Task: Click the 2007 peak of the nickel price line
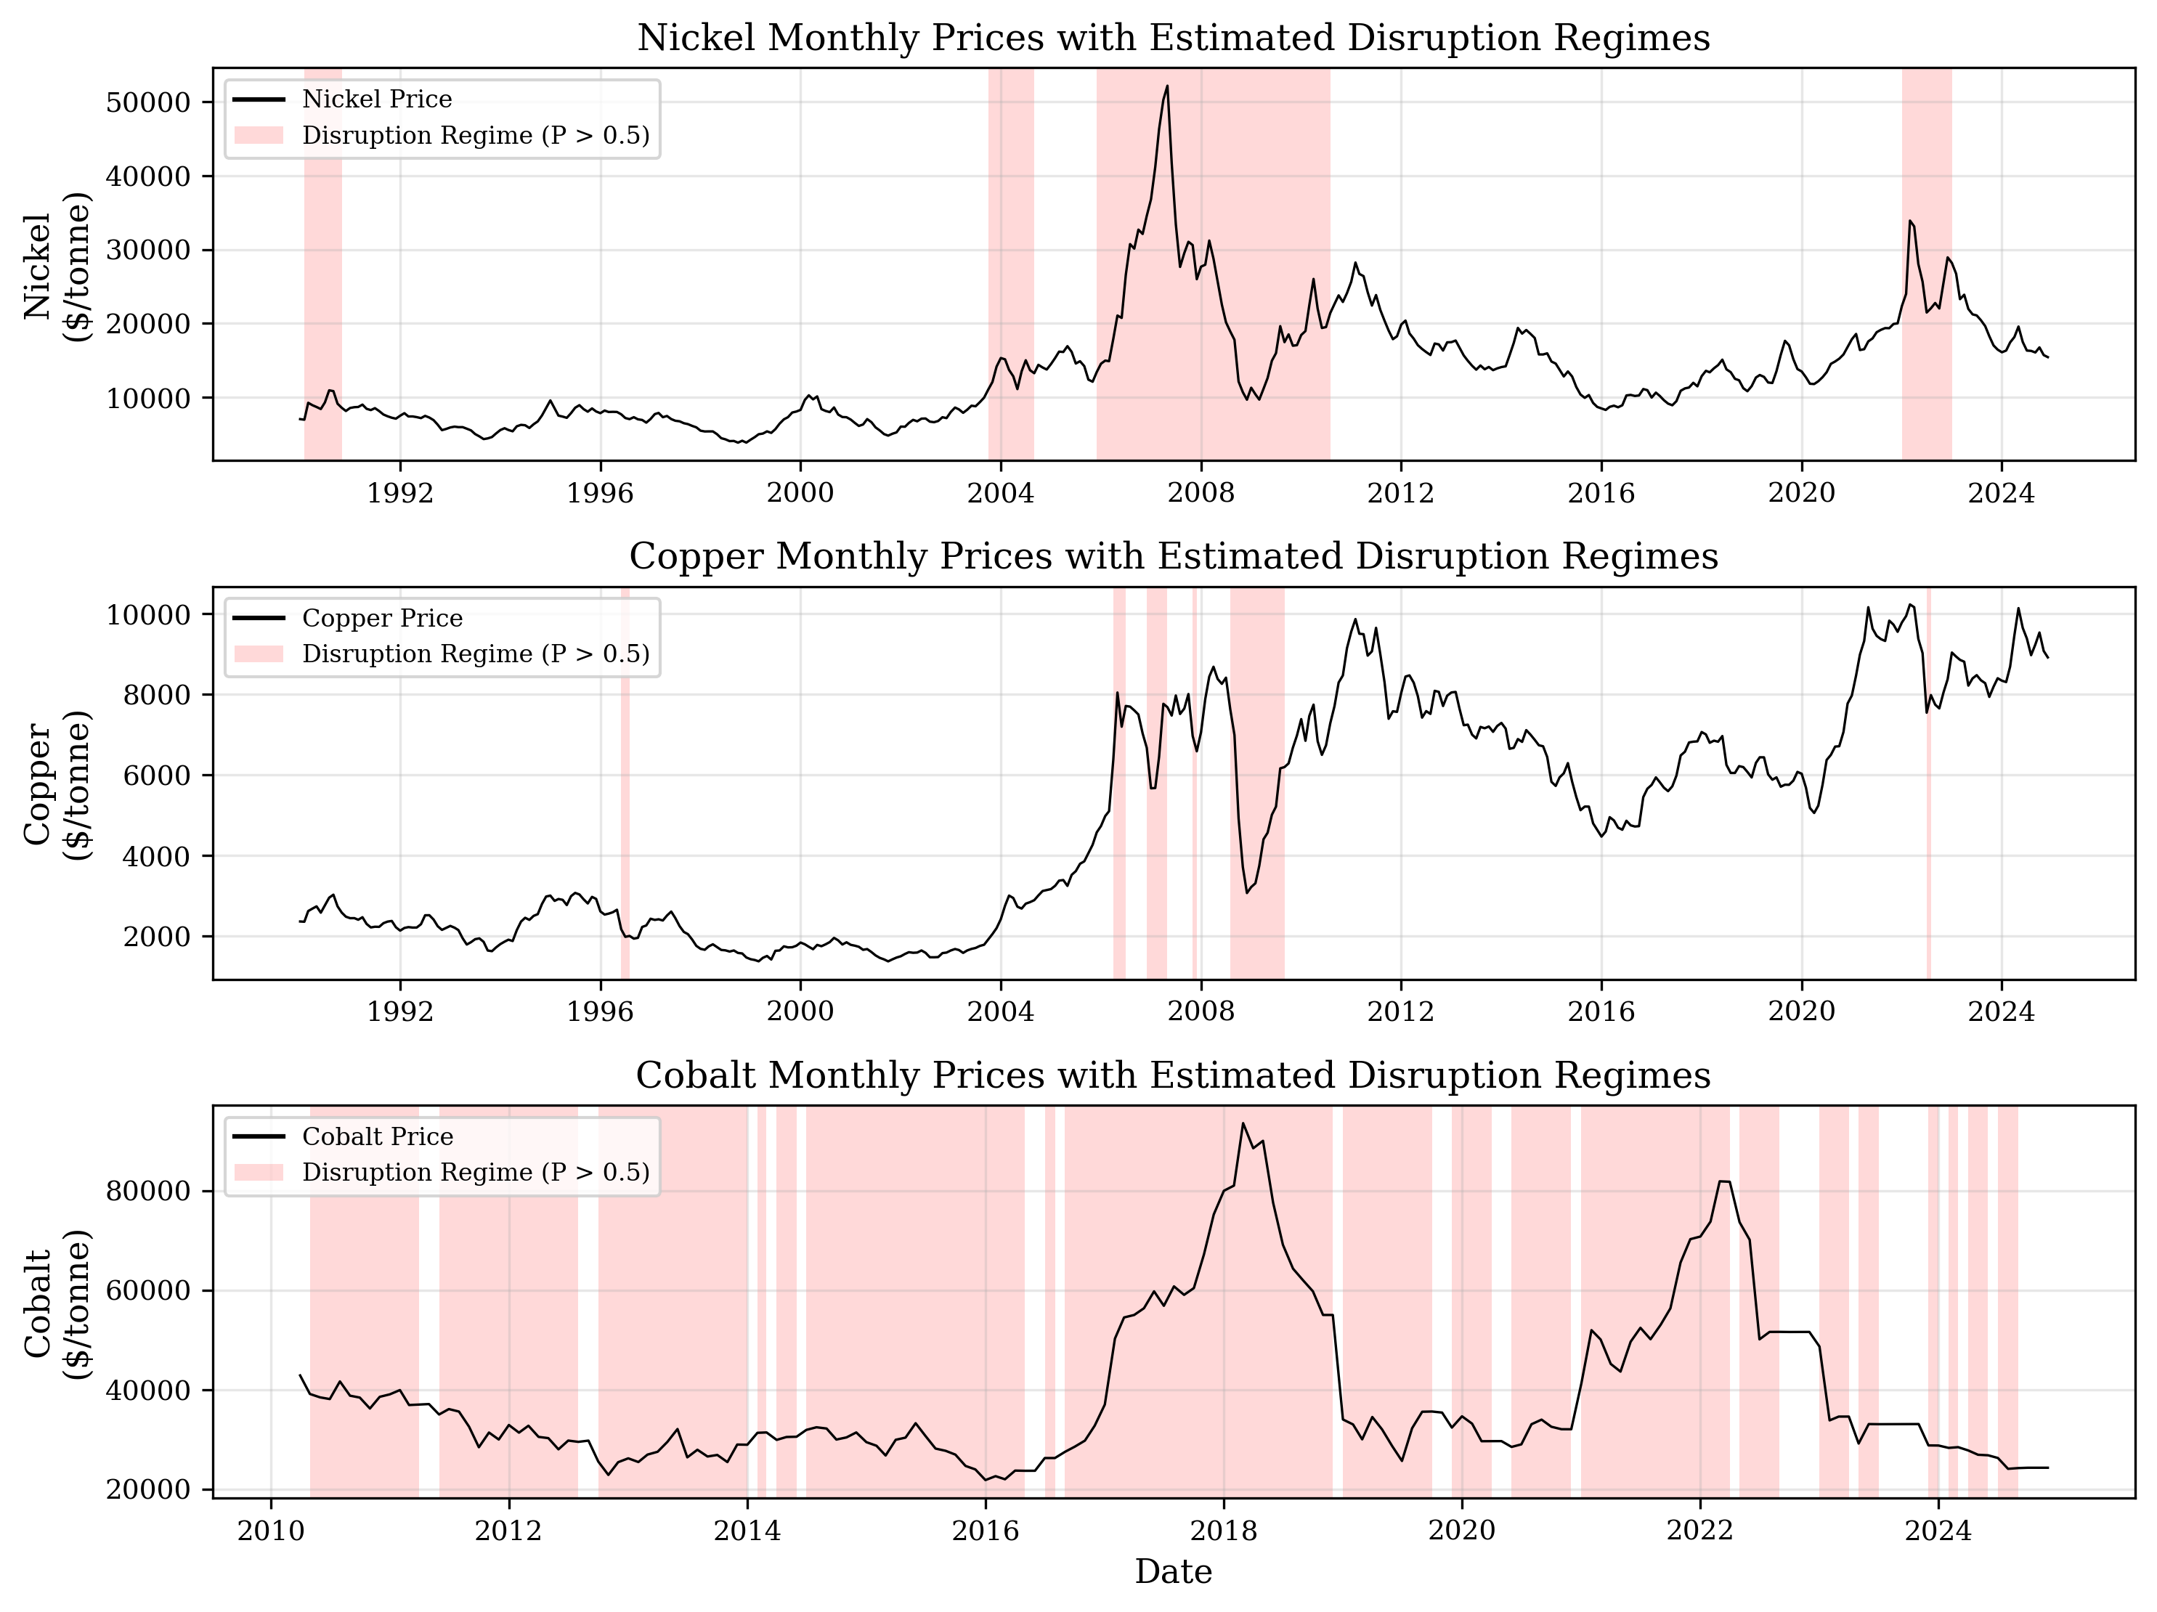tap(1167, 86)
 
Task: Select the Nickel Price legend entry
tap(376, 99)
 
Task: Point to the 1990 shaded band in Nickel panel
tap(322, 264)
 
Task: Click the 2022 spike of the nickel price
tap(1909, 221)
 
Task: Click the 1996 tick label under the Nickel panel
tap(600, 494)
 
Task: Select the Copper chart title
tap(1173, 557)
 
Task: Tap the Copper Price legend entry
tap(382, 618)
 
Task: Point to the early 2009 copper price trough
tap(1246, 892)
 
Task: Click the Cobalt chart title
tap(1173, 1075)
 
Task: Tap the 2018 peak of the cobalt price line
tap(1243, 1123)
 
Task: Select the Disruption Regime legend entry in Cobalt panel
tap(475, 1172)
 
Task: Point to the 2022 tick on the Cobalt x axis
tap(1699, 1531)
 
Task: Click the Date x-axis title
tap(1173, 1572)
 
